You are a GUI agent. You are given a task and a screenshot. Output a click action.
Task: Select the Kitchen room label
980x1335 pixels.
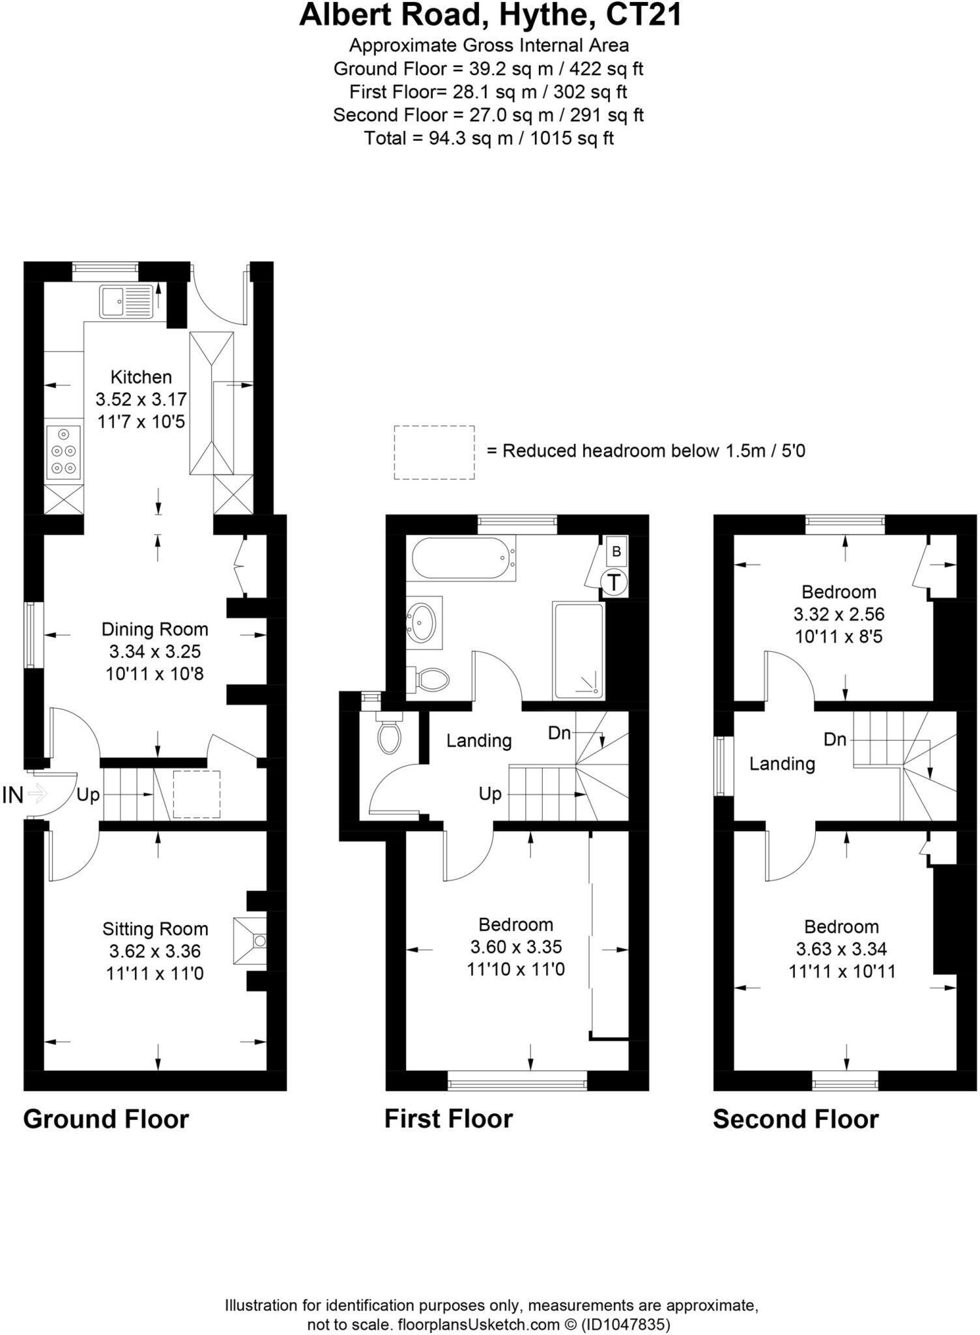point(141,377)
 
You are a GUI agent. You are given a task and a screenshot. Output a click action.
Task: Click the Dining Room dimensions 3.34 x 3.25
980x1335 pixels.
point(154,651)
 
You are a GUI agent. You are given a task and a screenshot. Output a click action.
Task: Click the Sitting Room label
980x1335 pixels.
point(155,928)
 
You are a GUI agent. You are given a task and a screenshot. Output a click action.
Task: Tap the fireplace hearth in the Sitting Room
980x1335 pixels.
point(251,941)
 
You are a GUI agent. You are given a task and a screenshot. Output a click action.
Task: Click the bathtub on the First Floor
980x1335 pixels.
point(462,558)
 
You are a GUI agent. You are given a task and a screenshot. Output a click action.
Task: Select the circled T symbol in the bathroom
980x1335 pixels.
point(614,581)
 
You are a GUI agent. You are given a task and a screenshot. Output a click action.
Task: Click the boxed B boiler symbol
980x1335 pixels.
point(616,551)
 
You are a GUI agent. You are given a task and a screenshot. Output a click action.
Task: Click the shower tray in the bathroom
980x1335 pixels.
point(578,651)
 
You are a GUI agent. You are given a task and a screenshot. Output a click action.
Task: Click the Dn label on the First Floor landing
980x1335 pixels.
point(559,733)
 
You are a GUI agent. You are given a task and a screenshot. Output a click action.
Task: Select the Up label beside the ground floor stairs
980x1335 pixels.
point(88,795)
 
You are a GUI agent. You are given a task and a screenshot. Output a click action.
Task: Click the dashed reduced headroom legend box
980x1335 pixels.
point(434,452)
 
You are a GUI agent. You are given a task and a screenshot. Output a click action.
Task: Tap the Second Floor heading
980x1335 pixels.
point(796,1119)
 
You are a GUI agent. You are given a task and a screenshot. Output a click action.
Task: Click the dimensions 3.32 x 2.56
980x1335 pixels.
point(839,614)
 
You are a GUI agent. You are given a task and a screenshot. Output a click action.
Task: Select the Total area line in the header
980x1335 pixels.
point(489,138)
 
